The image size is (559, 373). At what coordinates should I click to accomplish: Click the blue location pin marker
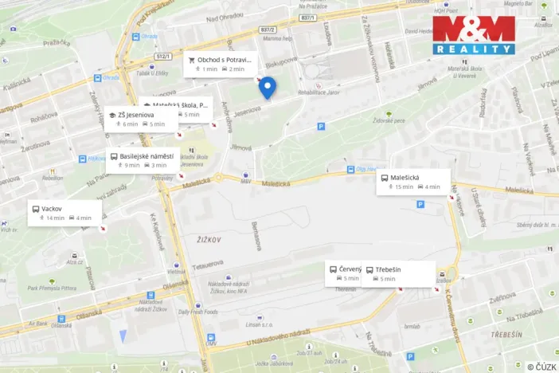[268, 87]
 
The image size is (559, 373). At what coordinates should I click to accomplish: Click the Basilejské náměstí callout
[143, 160]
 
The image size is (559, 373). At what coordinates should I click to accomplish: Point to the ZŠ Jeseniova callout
[139, 119]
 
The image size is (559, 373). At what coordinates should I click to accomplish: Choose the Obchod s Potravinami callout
[221, 65]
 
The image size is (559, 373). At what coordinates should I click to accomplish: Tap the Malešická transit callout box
[413, 182]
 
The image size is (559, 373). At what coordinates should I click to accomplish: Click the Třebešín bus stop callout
[401, 273]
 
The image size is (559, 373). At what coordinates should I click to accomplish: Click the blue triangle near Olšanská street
[122, 336]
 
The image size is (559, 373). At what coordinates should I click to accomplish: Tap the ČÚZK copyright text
[542, 367]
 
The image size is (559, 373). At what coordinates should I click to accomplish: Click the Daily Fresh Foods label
[198, 311]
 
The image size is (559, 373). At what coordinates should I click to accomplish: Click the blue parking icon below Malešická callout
[420, 204]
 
